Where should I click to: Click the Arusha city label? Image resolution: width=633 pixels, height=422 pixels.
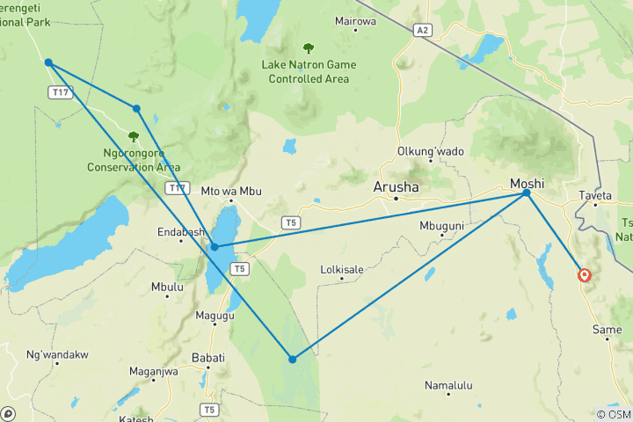click(x=397, y=188)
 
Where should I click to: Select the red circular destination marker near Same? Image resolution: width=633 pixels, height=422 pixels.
click(x=585, y=276)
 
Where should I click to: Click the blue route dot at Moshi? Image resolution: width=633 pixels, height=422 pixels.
click(x=527, y=193)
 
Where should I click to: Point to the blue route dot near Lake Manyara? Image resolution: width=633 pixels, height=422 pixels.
click(x=215, y=247)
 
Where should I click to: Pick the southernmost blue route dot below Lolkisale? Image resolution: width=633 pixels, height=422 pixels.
click(x=293, y=359)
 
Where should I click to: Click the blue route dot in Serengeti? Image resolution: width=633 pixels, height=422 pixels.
click(x=48, y=62)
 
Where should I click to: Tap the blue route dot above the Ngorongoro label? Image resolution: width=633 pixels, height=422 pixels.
click(x=136, y=109)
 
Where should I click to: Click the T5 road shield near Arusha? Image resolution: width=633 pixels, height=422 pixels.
click(x=290, y=223)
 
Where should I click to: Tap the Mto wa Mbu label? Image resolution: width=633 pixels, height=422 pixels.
click(x=232, y=191)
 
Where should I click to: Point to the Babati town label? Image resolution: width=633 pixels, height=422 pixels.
click(x=208, y=358)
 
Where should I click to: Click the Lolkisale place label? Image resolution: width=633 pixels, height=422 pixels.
click(x=342, y=269)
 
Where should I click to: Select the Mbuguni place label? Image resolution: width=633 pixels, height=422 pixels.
click(x=441, y=226)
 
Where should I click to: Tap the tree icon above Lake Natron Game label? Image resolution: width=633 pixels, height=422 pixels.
click(x=308, y=49)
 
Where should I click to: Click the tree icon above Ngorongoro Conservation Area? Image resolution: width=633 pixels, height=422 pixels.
click(x=134, y=136)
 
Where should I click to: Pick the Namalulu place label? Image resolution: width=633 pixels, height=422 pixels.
click(x=448, y=385)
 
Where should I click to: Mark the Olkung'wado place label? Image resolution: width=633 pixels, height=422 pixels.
click(x=431, y=151)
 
